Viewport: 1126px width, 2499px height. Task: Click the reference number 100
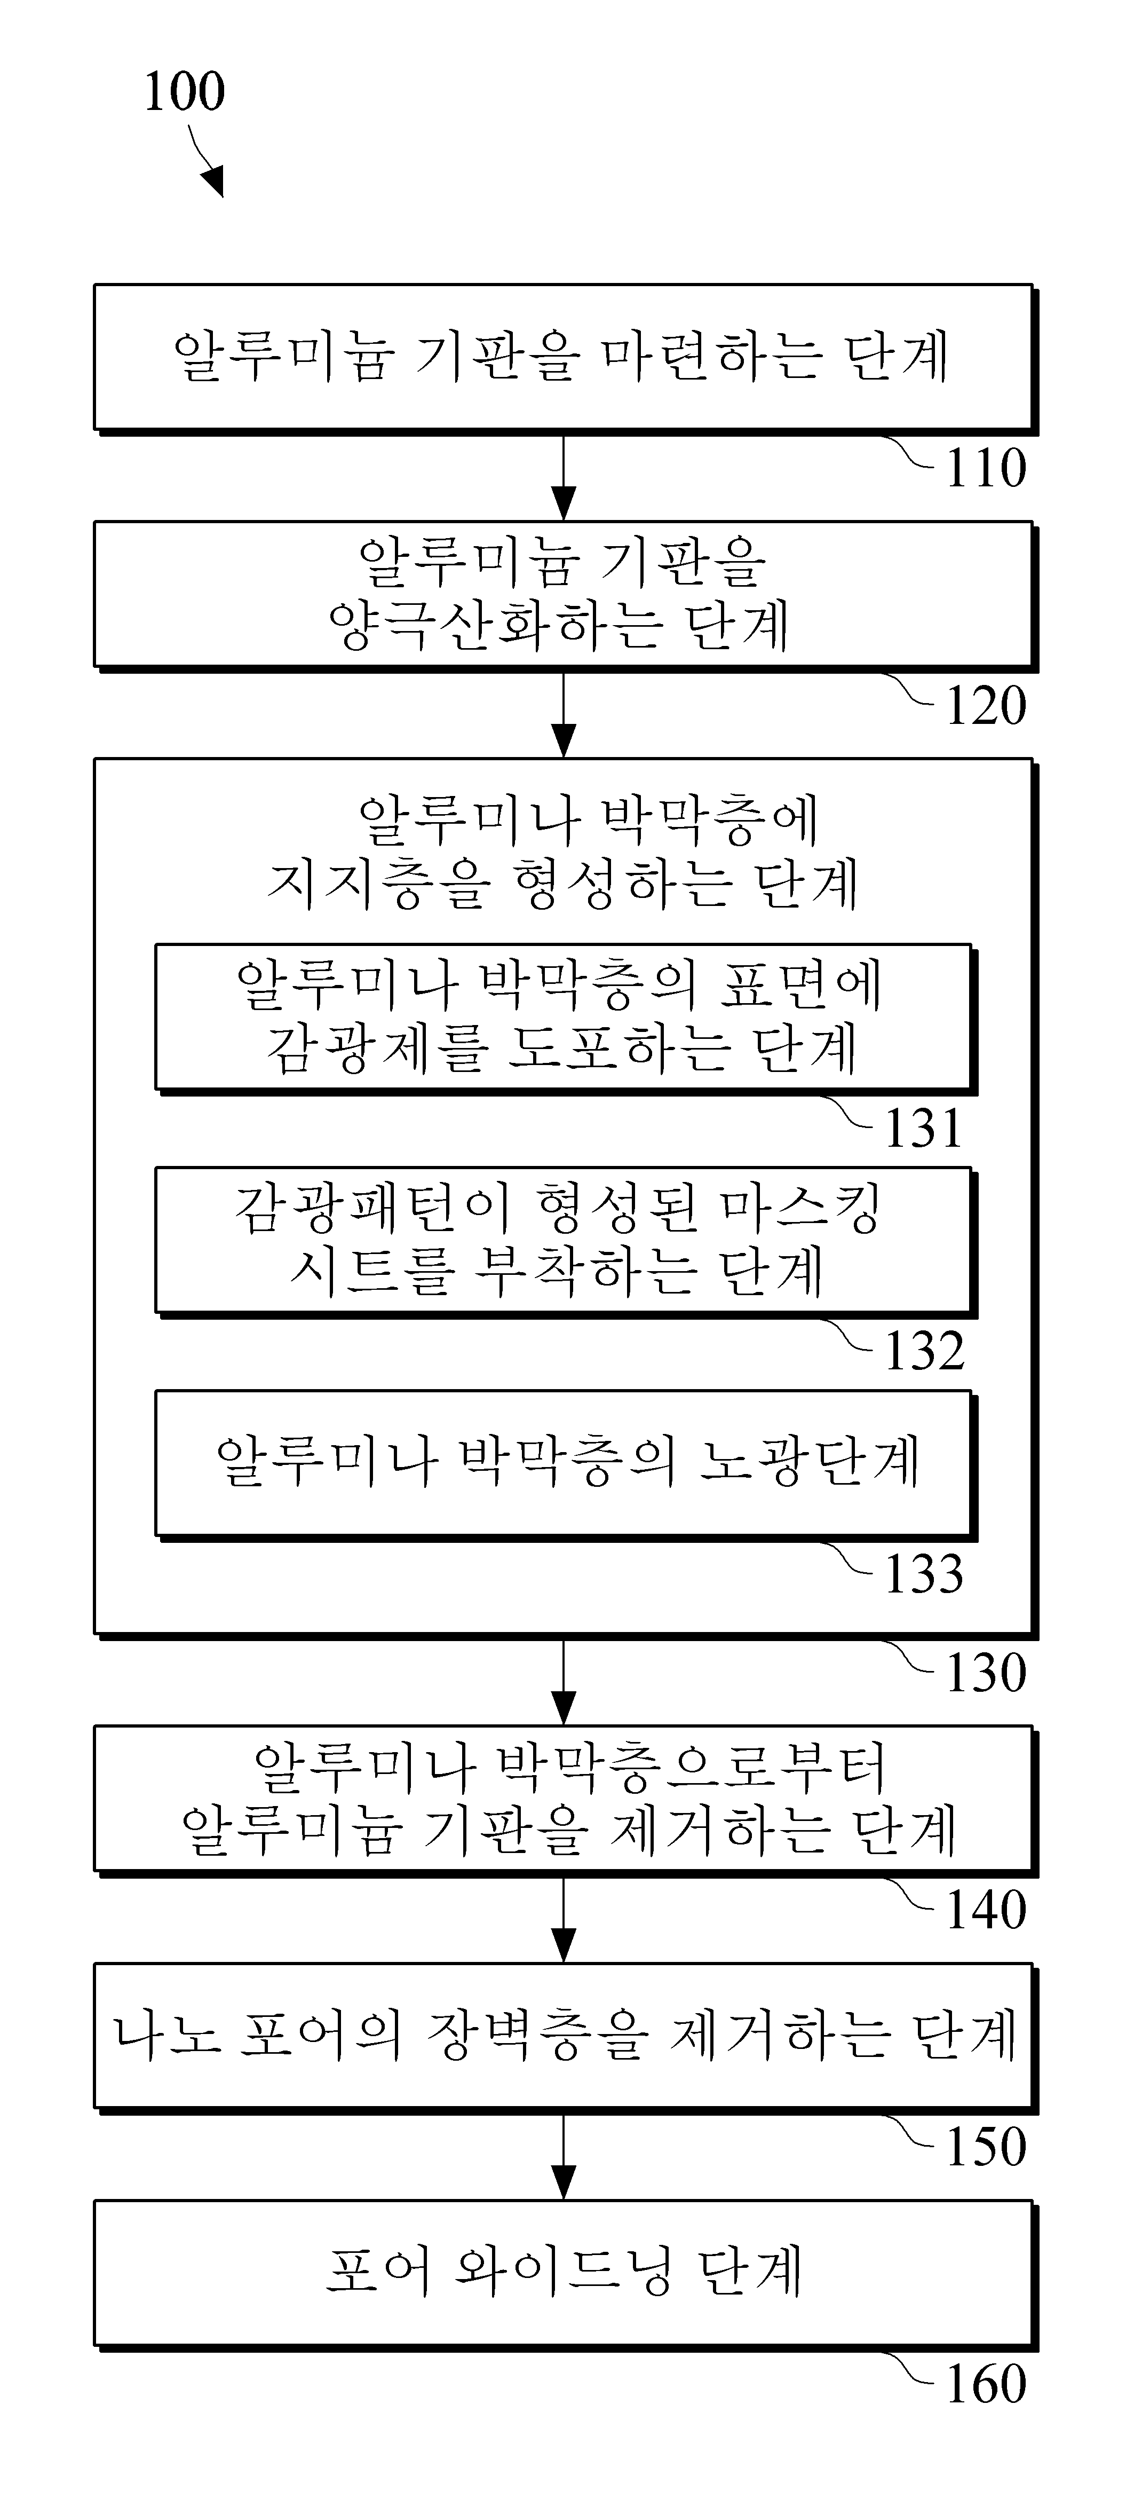[x=184, y=92]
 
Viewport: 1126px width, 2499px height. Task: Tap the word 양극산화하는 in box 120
[x=495, y=626]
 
